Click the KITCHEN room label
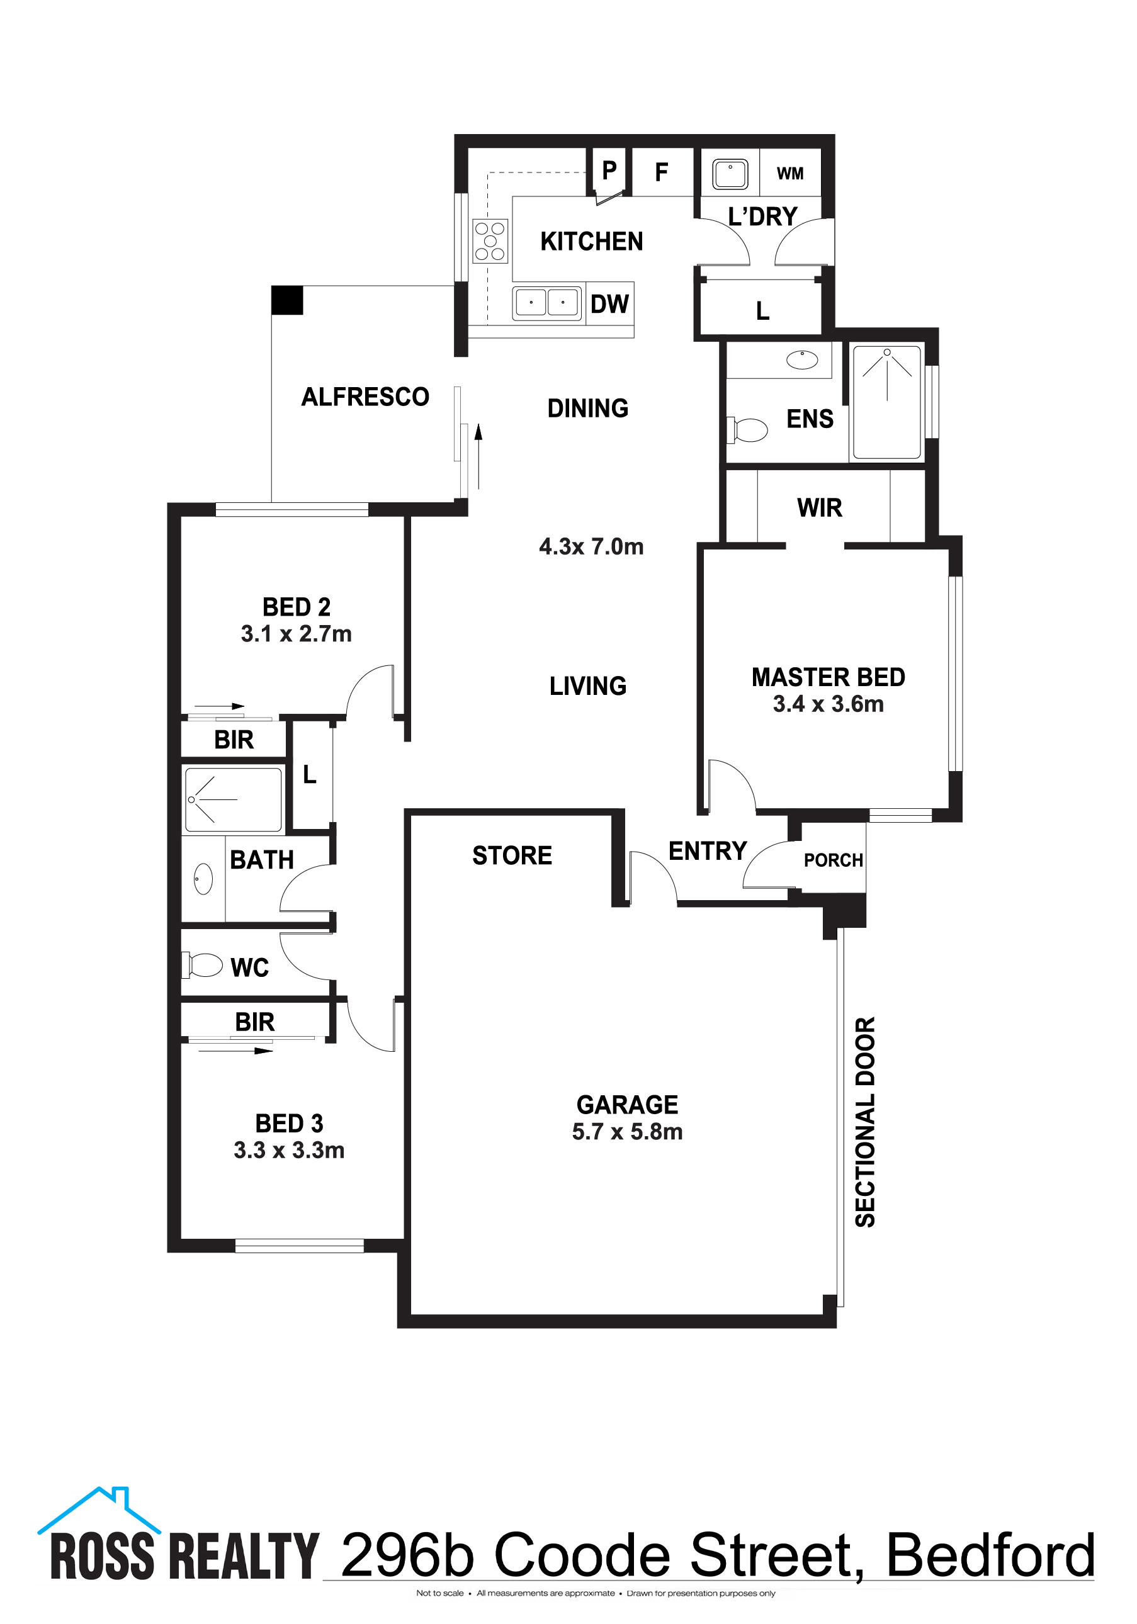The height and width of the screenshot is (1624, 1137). pos(592,241)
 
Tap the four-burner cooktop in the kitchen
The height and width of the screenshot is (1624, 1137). pos(490,240)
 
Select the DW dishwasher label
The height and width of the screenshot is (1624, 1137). pos(609,304)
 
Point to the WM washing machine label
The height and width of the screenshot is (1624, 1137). pos(789,173)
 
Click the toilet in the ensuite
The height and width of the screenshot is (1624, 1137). pos(748,429)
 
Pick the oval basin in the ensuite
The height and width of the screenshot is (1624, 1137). pos(801,360)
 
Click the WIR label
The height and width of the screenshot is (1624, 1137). pos(819,508)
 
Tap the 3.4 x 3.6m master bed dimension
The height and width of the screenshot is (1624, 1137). pos(828,704)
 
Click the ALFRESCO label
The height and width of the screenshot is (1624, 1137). pos(365,397)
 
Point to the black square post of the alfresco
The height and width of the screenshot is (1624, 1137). pos(287,300)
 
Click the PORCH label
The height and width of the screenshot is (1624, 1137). pos(833,860)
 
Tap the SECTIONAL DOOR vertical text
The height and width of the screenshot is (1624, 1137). pos(865,1122)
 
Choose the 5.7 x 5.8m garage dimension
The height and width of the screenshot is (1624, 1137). pos(627,1132)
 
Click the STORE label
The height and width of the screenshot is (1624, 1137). pos(512,855)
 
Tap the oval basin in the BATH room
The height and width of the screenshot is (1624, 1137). pos(203,879)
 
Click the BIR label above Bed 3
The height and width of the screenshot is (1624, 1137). pos(255,1022)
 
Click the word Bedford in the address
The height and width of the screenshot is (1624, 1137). pos(990,1556)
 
